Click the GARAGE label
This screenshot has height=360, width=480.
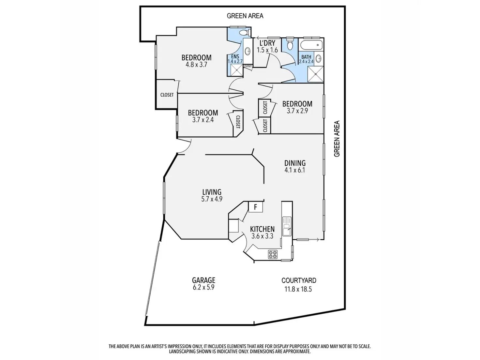tap(203, 280)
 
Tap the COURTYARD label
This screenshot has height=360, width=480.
tap(299, 280)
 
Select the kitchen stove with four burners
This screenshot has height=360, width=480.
tap(273, 254)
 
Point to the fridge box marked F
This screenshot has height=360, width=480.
tap(256, 207)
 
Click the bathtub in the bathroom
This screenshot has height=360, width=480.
tap(311, 45)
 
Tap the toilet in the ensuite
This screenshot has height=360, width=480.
tap(243, 33)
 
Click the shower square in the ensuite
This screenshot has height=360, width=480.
tap(237, 70)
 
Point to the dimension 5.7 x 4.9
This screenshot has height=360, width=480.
tap(212, 199)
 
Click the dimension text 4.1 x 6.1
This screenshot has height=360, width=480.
tap(295, 170)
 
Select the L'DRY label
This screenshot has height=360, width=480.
tap(267, 43)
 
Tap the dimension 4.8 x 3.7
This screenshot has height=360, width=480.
tap(196, 65)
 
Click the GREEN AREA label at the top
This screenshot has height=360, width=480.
tap(245, 16)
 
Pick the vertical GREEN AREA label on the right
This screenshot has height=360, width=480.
tap(337, 139)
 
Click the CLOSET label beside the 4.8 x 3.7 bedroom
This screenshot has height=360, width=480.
tap(167, 95)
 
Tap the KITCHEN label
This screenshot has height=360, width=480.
tap(262, 229)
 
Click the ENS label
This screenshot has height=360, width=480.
tap(235, 56)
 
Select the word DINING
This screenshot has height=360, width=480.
tap(295, 163)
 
